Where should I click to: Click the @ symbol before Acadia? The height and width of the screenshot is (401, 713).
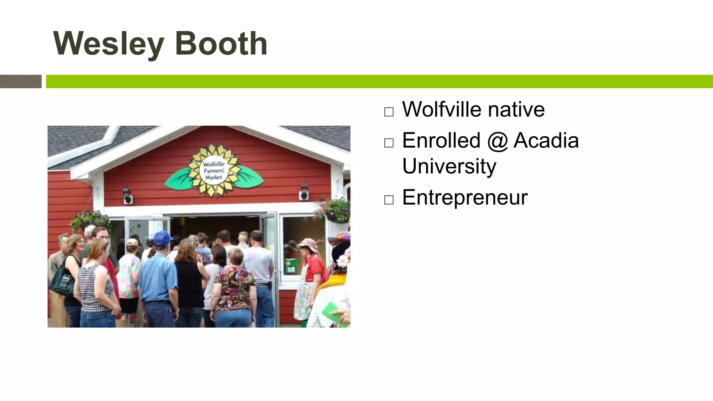pyautogui.click(x=497, y=141)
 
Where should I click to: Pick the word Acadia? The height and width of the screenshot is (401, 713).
pyautogui.click(x=546, y=140)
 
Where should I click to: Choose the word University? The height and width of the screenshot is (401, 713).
pyautogui.click(x=449, y=166)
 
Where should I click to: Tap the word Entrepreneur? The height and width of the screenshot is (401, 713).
pyautogui.click(x=465, y=197)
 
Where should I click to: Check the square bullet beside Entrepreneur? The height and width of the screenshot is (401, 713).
pyautogui.click(x=389, y=200)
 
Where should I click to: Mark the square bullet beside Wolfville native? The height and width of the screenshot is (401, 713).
pyautogui.click(x=389, y=112)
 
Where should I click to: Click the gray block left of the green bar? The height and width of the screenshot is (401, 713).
pyautogui.click(x=21, y=81)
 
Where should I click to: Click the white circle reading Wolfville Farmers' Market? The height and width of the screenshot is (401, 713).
pyautogui.click(x=214, y=171)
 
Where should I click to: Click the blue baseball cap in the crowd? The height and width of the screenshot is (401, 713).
pyautogui.click(x=162, y=238)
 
